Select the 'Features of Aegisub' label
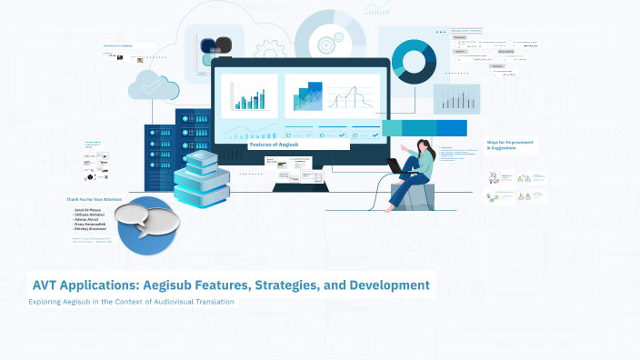click(x=274, y=145)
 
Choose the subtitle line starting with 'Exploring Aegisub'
click(x=132, y=302)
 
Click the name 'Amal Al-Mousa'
click(x=89, y=210)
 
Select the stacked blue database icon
click(x=197, y=177)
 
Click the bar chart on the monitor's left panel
click(x=247, y=95)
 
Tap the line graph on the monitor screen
click(x=354, y=96)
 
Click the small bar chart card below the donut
click(x=455, y=98)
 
